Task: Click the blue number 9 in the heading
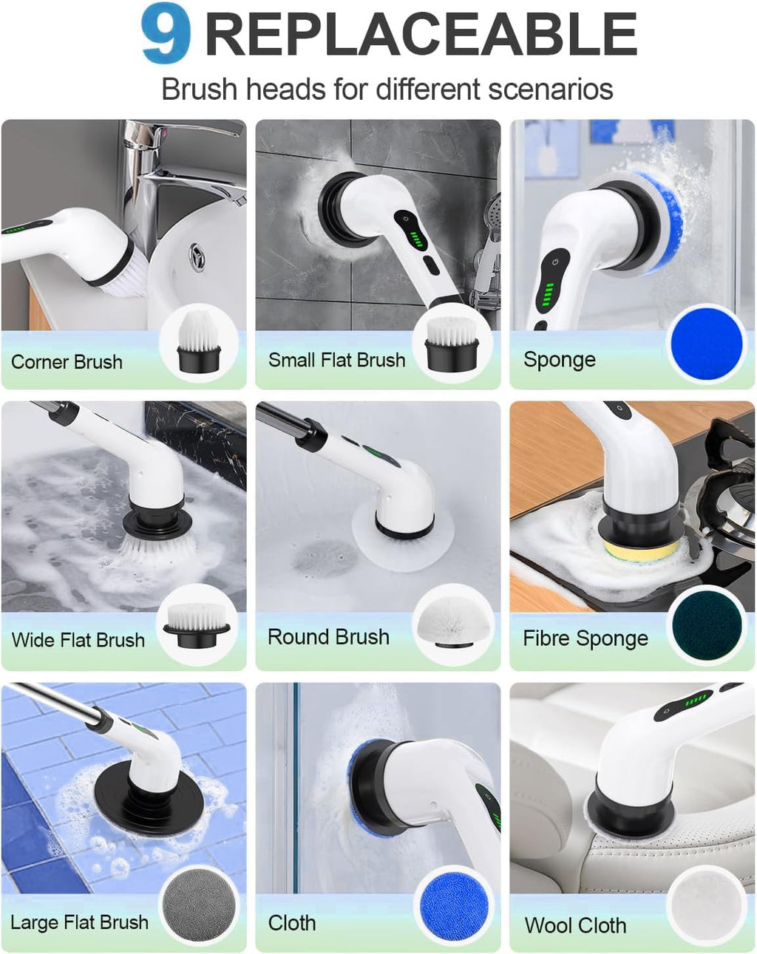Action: [166, 34]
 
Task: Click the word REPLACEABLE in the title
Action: [420, 35]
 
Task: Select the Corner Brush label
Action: [67, 362]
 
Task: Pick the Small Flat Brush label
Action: [336, 360]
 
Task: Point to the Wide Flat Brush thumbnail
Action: [197, 625]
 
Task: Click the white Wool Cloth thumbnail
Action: [706, 907]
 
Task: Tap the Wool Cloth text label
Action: [575, 925]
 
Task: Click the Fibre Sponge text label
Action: [585, 638]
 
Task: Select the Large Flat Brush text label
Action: [79, 922]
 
